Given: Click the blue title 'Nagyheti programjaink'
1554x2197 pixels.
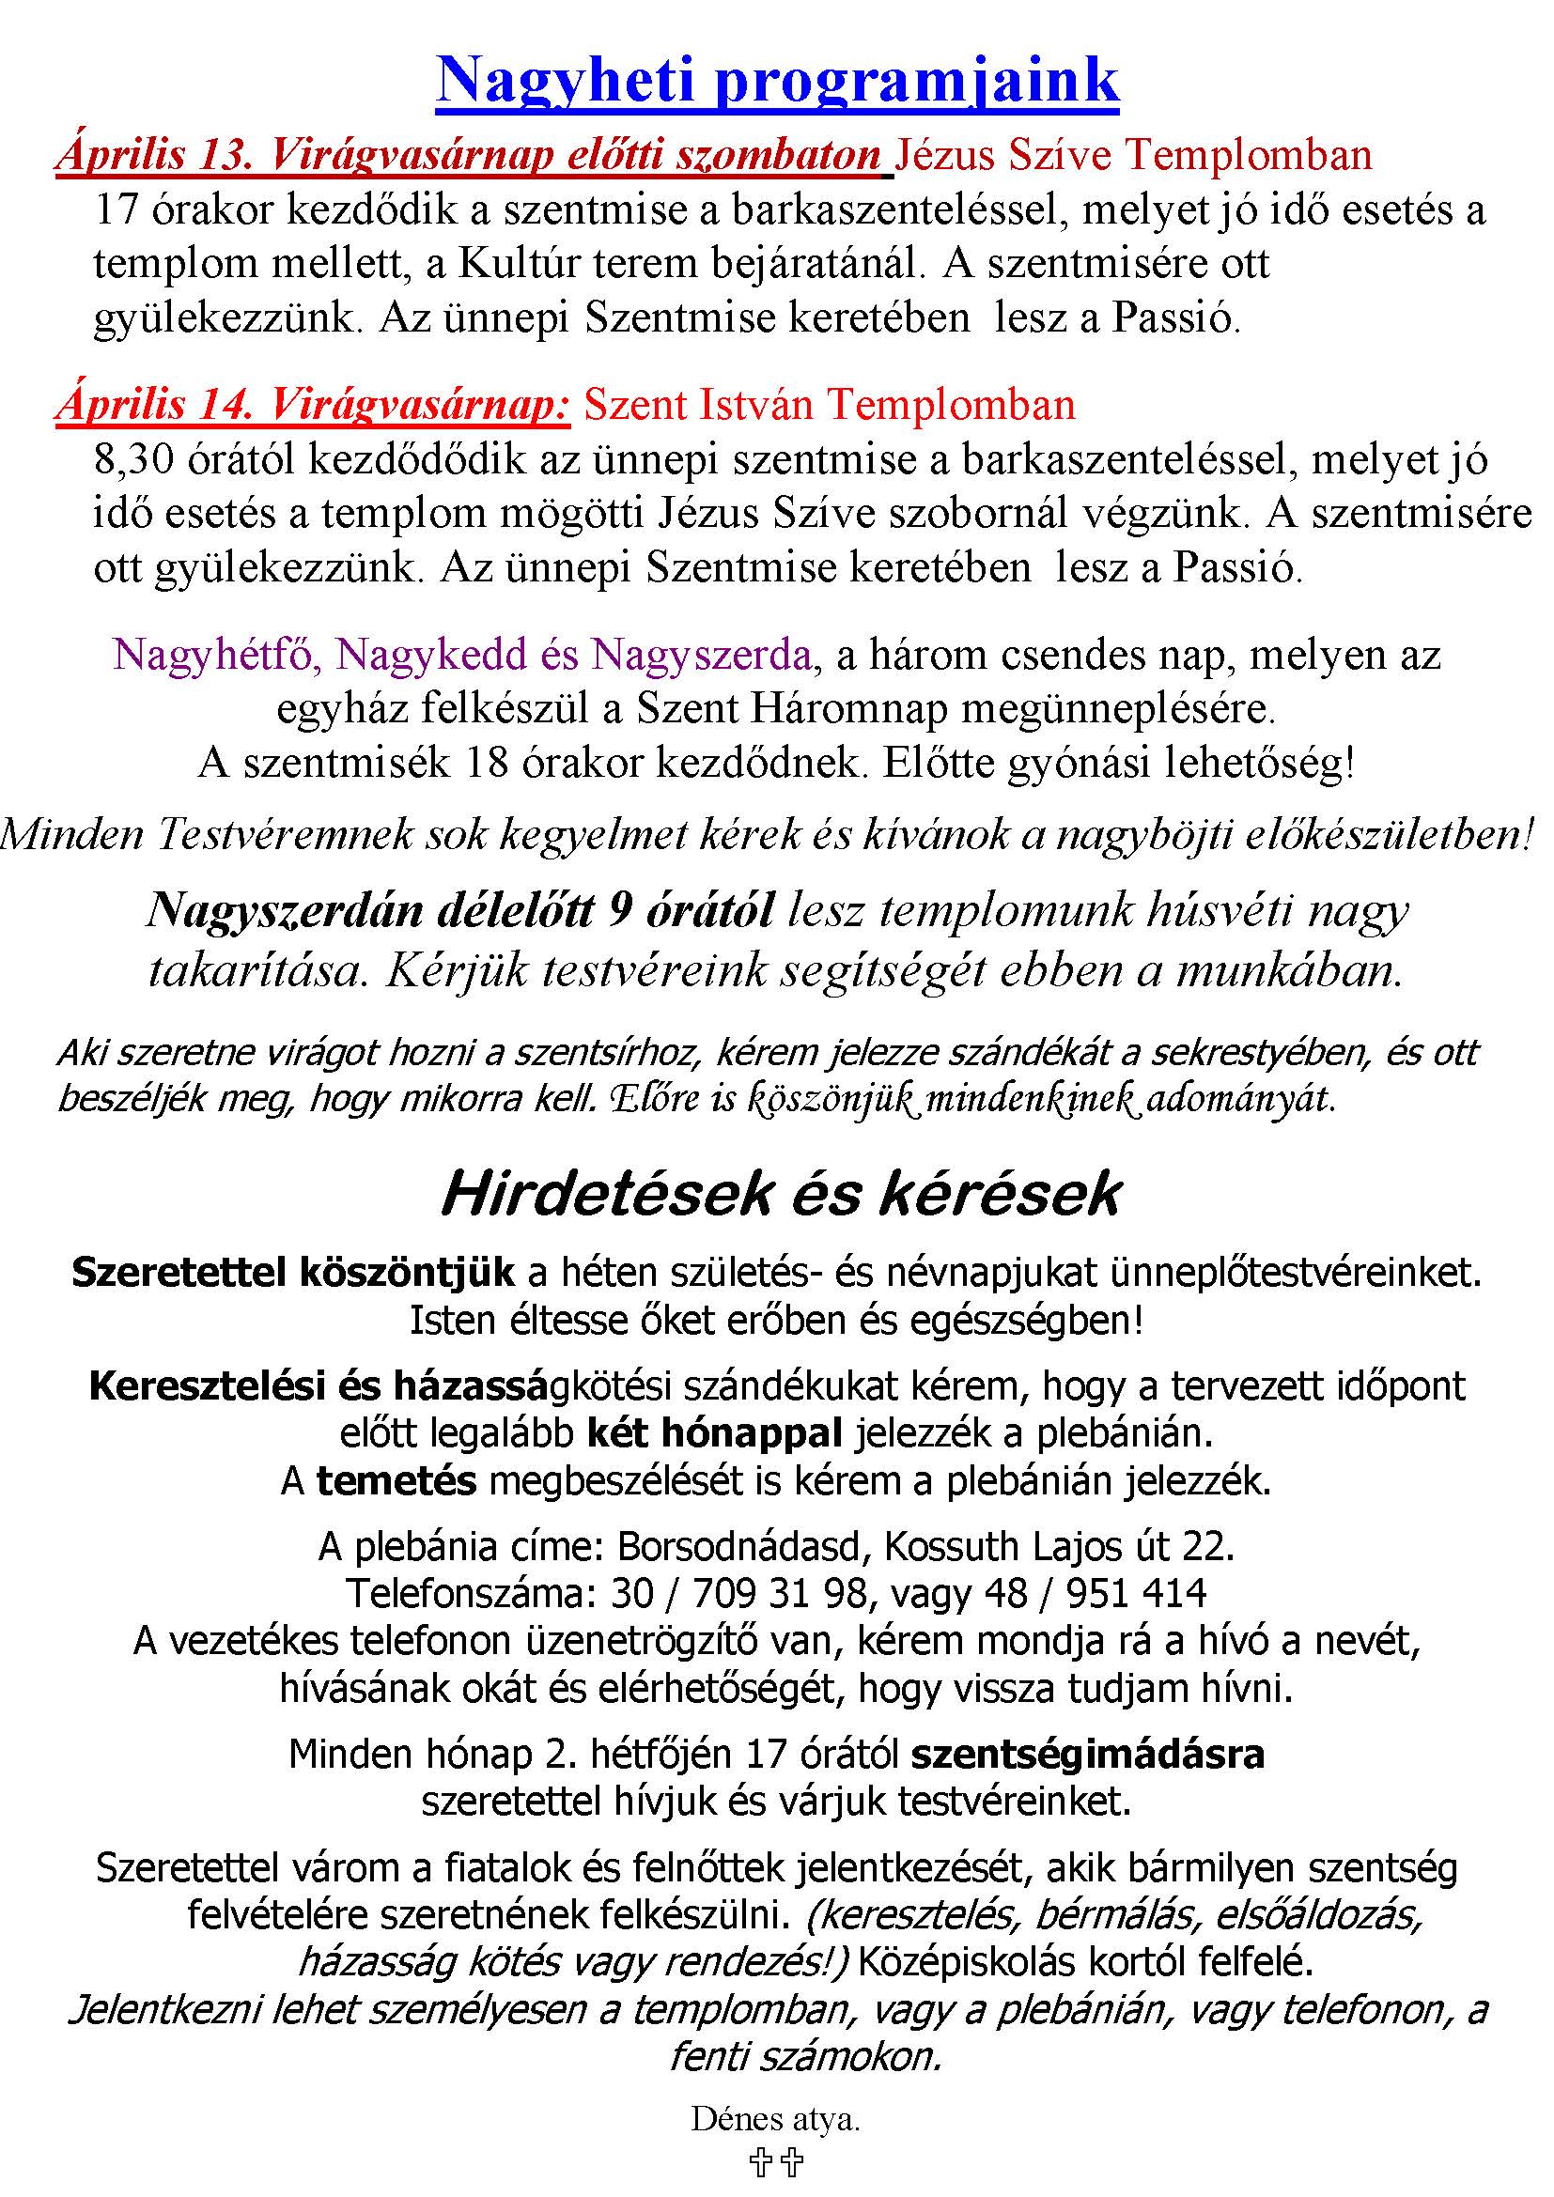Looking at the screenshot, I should [777, 81].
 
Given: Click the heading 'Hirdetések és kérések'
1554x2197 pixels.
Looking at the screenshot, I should [780, 1194].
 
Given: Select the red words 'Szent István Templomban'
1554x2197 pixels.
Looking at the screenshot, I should [830, 405].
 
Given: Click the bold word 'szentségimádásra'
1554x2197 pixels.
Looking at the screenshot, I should [1087, 1755].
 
